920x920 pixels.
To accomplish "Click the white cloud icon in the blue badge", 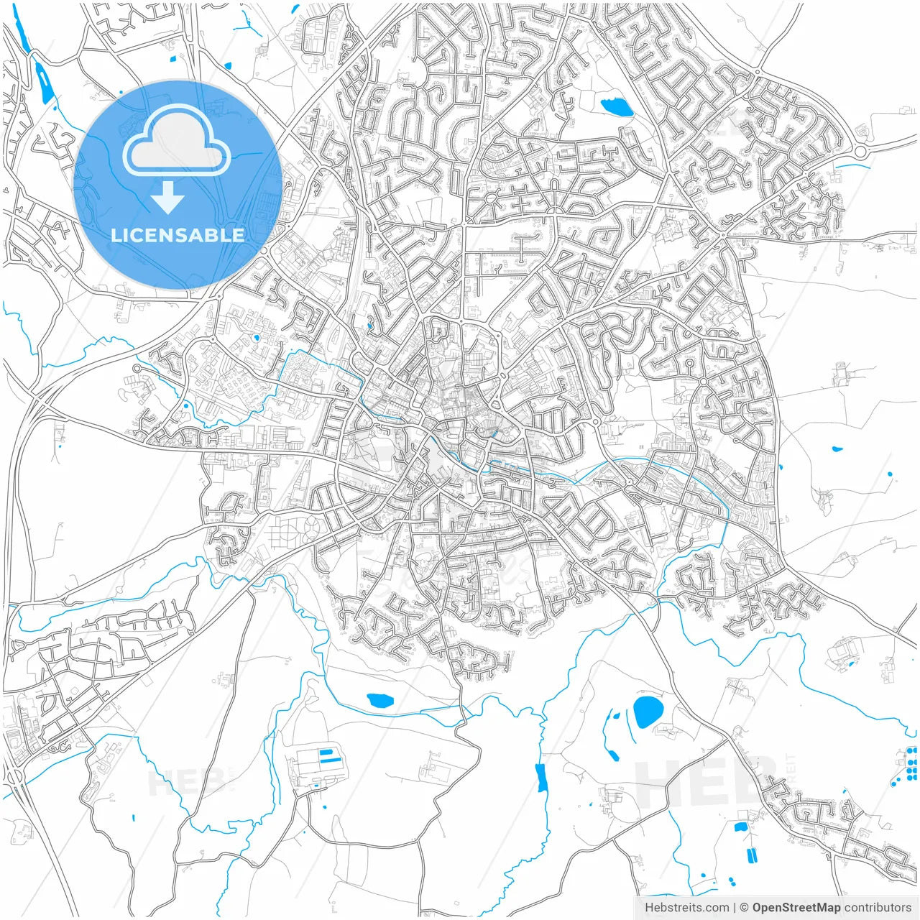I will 177,141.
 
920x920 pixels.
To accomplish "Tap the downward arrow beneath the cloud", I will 167,198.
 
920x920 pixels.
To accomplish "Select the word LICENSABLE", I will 177,236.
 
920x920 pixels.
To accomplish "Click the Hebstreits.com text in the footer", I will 686,908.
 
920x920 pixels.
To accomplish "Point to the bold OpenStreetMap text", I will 796,908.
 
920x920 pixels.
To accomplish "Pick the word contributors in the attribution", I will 878,908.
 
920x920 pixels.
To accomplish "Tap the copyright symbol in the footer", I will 744,908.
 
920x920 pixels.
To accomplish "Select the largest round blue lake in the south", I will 648,711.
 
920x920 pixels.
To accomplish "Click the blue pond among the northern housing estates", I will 616,108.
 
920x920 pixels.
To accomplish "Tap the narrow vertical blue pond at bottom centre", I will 541,778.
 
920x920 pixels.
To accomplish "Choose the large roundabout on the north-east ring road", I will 860,152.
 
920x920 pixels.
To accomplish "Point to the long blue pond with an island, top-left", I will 44,80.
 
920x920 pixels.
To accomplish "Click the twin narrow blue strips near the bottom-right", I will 752,855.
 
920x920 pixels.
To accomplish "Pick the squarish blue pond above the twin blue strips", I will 740,827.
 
